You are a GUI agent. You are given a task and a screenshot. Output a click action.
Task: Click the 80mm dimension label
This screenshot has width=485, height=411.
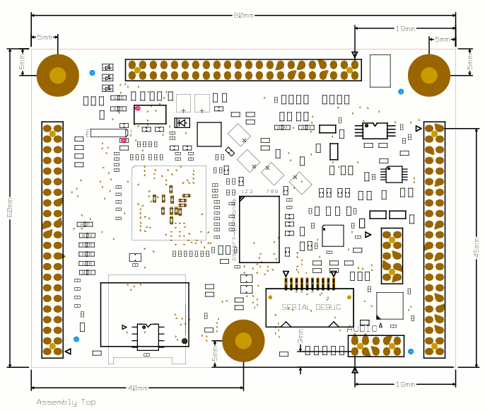point(243,16)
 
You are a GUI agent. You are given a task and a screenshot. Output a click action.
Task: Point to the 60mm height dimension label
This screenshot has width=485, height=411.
point(10,207)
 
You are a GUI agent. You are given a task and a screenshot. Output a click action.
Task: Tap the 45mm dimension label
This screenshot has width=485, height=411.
point(476,247)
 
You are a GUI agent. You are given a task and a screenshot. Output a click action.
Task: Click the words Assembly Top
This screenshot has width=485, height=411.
point(66,402)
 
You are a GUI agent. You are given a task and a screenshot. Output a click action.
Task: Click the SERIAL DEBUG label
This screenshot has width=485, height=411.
point(311,307)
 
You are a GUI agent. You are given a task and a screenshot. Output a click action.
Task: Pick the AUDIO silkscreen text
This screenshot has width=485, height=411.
point(362,328)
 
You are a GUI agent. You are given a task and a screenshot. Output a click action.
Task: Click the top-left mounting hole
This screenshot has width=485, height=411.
point(58,75)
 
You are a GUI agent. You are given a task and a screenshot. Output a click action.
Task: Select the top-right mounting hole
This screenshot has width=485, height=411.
point(429,75)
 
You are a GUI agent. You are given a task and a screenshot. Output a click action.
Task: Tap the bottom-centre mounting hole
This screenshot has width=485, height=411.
point(243,340)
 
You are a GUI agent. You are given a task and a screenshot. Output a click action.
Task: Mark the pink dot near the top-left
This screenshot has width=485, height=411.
point(138,108)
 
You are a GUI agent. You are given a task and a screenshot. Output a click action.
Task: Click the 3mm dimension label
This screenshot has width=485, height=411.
point(300,335)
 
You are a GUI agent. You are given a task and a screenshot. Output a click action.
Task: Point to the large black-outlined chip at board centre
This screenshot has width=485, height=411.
point(259,228)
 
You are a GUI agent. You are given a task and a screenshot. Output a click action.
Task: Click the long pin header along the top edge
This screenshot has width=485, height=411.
point(243,70)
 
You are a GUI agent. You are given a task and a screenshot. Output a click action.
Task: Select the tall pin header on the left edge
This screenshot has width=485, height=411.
point(52,239)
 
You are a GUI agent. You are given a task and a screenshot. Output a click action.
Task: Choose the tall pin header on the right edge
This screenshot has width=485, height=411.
point(434,239)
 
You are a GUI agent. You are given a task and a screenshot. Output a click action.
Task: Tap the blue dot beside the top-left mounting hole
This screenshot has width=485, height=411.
point(92,73)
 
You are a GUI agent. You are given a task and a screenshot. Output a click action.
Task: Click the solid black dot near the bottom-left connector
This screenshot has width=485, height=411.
point(185,341)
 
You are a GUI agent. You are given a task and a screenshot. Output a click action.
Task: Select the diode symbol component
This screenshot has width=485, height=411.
point(182,122)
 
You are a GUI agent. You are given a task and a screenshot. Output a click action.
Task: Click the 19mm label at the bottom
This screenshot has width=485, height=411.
point(405,384)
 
